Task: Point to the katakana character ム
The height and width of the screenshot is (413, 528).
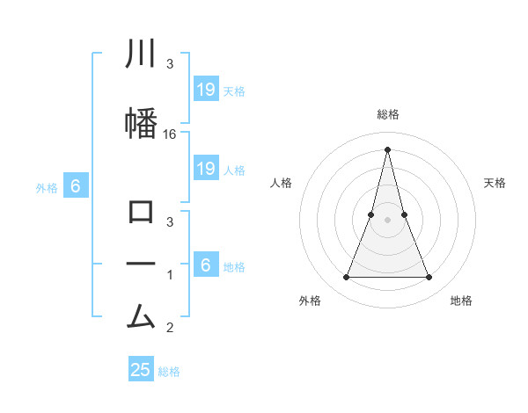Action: click(142, 314)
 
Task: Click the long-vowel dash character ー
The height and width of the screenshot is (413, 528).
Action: click(142, 263)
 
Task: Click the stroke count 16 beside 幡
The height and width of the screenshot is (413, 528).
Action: click(171, 134)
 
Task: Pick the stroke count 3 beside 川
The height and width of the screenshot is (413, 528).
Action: click(170, 63)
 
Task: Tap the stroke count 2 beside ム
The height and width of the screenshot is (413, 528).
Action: click(170, 329)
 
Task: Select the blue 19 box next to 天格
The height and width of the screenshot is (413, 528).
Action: click(205, 90)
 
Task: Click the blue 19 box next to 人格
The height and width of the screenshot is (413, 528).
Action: click(205, 169)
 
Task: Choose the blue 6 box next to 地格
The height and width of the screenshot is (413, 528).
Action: click(205, 265)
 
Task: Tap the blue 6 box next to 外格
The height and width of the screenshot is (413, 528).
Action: click(76, 186)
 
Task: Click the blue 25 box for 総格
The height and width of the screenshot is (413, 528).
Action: click(141, 370)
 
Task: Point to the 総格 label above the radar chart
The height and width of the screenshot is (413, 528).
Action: click(387, 114)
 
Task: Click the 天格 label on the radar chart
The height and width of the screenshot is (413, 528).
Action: click(495, 183)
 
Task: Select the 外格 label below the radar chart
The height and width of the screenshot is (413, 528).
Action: click(310, 301)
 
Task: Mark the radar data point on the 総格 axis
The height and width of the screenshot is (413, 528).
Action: click(387, 149)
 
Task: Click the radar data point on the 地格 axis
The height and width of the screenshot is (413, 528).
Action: click(429, 278)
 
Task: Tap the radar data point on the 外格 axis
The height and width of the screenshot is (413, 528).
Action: click(346, 278)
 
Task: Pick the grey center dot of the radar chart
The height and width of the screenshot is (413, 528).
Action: click(387, 220)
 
